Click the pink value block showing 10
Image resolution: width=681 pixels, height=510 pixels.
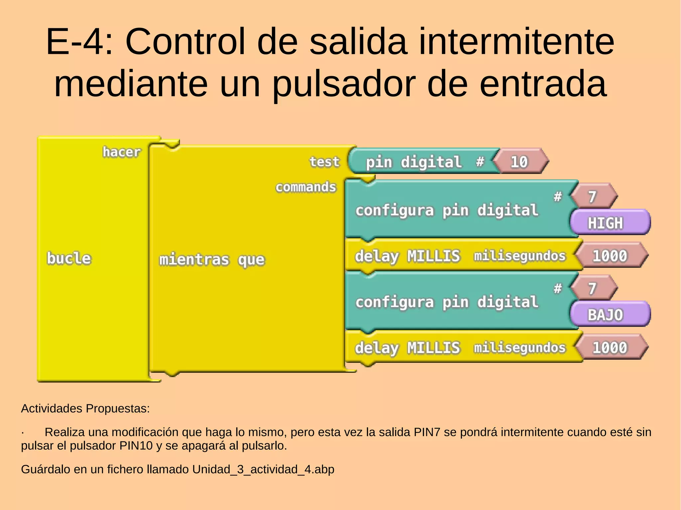(519, 162)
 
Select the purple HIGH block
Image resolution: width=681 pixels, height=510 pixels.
(610, 223)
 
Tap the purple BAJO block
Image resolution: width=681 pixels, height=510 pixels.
(610, 315)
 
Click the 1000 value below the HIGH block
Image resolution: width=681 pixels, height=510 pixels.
(610, 256)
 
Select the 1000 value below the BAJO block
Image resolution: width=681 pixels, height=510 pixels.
(610, 348)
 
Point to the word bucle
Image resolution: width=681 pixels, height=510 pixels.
(69, 258)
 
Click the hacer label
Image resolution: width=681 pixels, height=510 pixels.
(121, 152)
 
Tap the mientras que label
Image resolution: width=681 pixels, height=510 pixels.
(212, 259)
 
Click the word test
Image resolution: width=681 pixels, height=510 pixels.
(324, 162)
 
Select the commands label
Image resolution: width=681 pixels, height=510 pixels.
(306, 187)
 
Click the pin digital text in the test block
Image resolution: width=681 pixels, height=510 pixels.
(414, 162)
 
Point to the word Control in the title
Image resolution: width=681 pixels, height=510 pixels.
(185, 42)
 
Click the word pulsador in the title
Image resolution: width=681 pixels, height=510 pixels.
(344, 84)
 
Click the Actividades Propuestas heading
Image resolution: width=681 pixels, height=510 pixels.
(85, 408)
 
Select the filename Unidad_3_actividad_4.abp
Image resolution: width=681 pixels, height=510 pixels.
(263, 469)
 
